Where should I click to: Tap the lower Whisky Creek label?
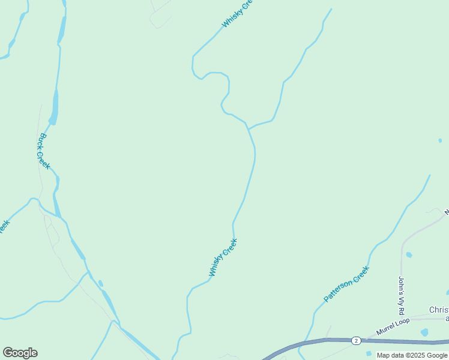(223, 257)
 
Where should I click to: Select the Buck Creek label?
(44, 151)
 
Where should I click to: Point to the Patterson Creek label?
(346, 284)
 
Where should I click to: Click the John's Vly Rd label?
(402, 296)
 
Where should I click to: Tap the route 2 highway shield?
(355, 340)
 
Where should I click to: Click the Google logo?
(20, 353)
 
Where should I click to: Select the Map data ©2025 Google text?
(412, 355)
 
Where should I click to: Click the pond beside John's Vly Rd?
(409, 255)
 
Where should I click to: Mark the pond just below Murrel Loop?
(424, 332)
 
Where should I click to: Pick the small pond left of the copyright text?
(369, 353)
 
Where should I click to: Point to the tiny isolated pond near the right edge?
(440, 140)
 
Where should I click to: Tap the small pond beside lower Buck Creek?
(100, 283)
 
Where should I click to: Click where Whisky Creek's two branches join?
(247, 127)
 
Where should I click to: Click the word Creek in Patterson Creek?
(357, 275)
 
